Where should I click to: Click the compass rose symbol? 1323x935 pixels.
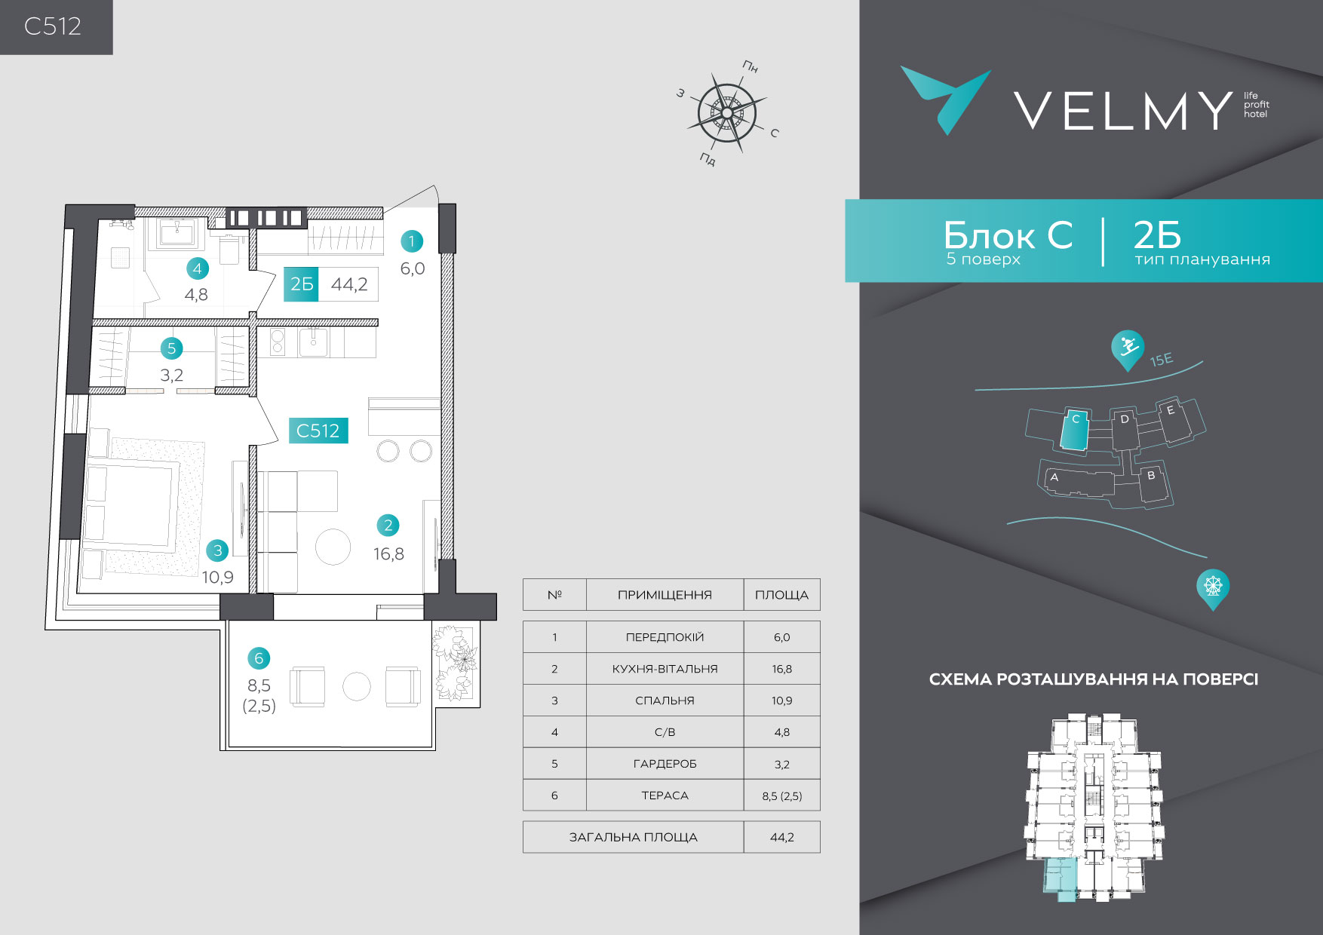tap(727, 112)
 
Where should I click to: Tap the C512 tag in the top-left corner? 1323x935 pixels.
tap(53, 26)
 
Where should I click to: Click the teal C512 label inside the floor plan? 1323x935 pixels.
tap(318, 431)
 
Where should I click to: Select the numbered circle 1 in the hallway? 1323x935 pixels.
tap(411, 241)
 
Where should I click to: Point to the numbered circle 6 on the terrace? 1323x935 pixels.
tap(259, 658)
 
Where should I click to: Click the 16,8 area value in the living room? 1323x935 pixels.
tap(388, 554)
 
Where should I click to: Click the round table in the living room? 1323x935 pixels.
tap(333, 547)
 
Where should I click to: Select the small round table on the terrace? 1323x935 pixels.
tap(357, 687)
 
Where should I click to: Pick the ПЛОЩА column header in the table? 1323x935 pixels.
tap(781, 595)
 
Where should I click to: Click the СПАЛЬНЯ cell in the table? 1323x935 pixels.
tap(665, 700)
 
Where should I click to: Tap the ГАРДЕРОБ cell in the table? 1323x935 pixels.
tap(665, 764)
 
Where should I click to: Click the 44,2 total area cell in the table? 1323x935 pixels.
tap(781, 837)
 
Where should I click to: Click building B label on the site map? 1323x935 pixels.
tap(1151, 476)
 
